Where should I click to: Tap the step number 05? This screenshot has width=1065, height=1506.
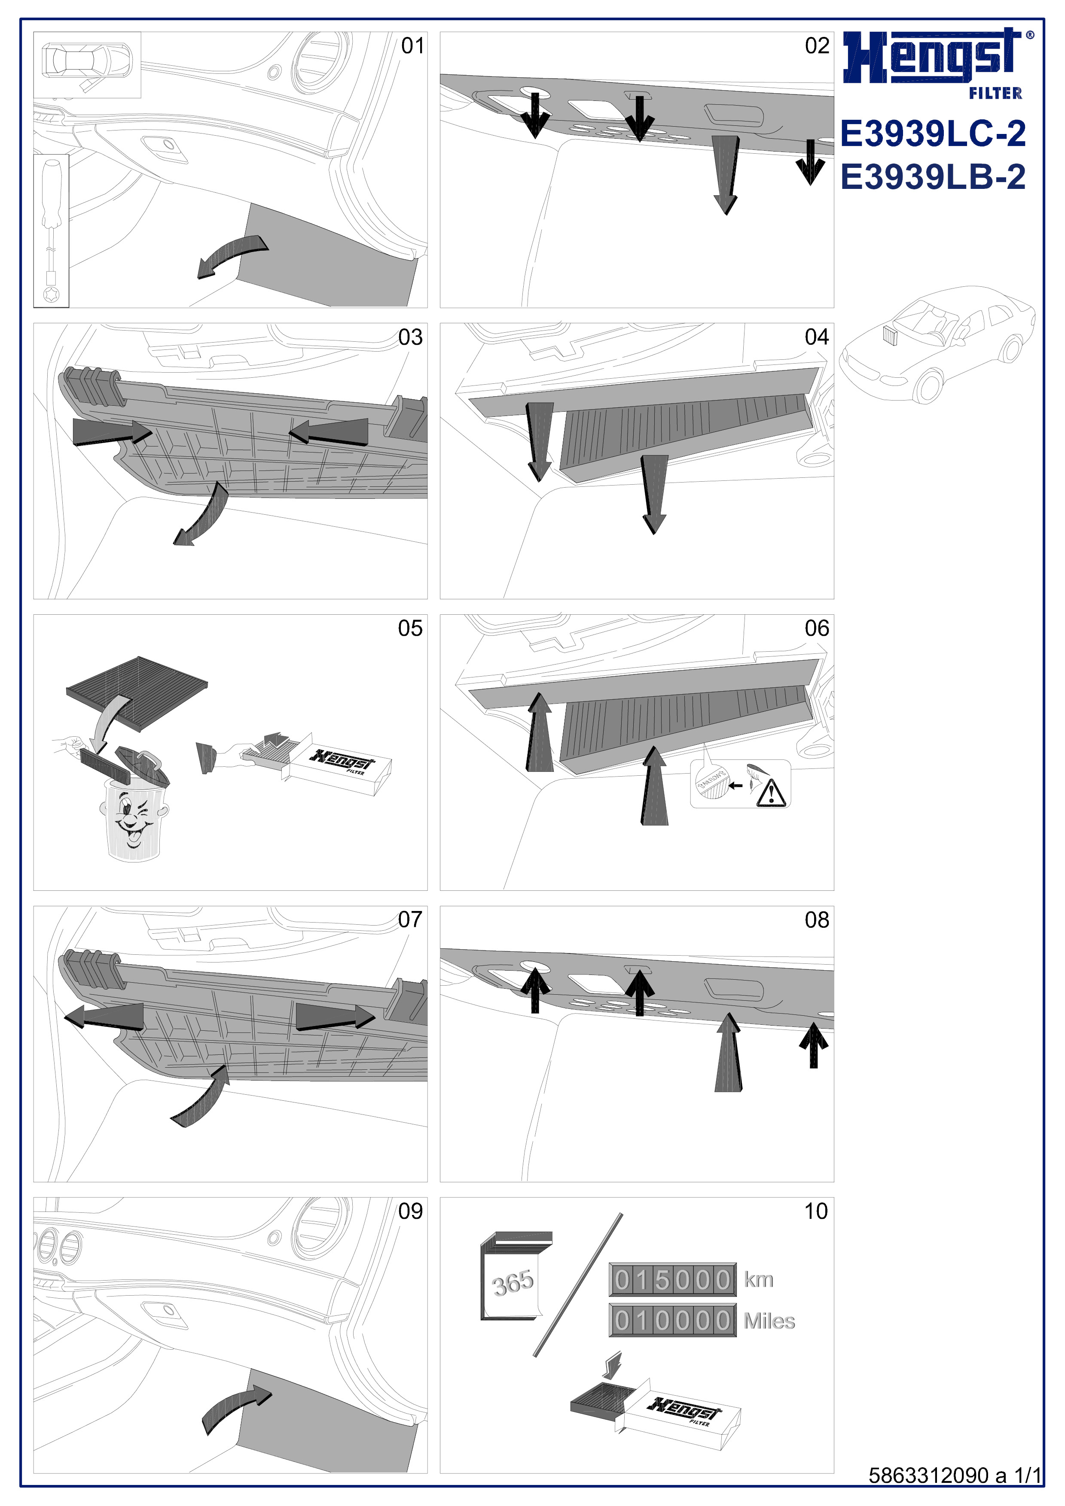click(410, 629)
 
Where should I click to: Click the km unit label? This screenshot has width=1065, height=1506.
click(759, 1279)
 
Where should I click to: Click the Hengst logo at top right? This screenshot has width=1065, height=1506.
click(936, 61)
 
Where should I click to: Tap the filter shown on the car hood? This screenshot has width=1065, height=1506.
click(891, 335)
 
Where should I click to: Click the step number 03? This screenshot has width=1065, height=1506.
click(410, 337)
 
